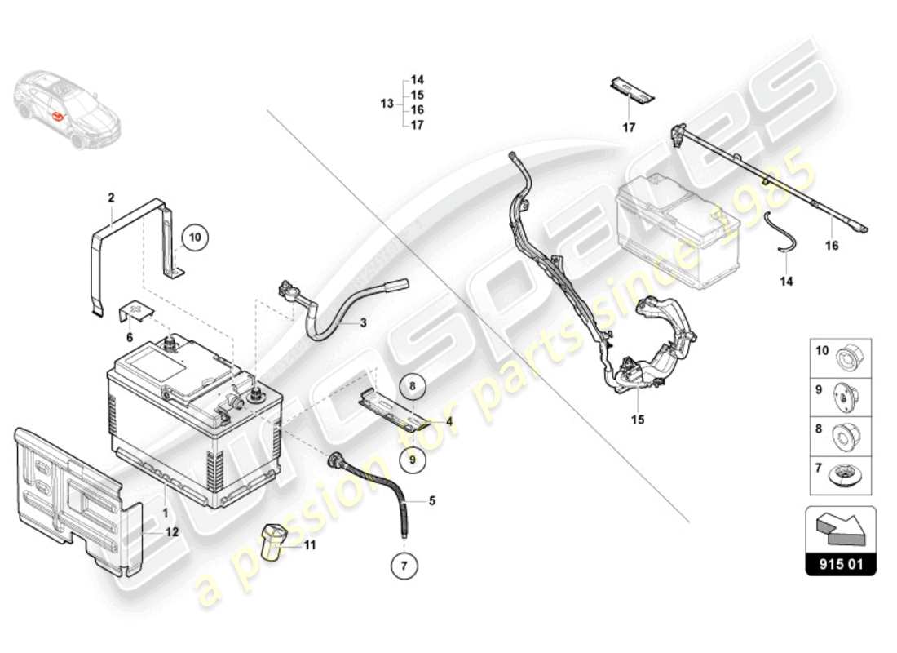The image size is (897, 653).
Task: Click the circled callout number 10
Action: pos(195,238)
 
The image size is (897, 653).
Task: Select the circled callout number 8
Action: pos(413,385)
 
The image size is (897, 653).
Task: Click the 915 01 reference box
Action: pos(841,564)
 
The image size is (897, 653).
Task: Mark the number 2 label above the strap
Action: pos(111,197)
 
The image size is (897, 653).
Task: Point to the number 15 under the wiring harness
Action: pos(638,420)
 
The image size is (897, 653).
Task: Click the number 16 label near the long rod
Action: pos(831,245)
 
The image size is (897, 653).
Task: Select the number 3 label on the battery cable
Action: pos(363,323)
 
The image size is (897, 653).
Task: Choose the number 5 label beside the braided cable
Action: pos(432,500)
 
